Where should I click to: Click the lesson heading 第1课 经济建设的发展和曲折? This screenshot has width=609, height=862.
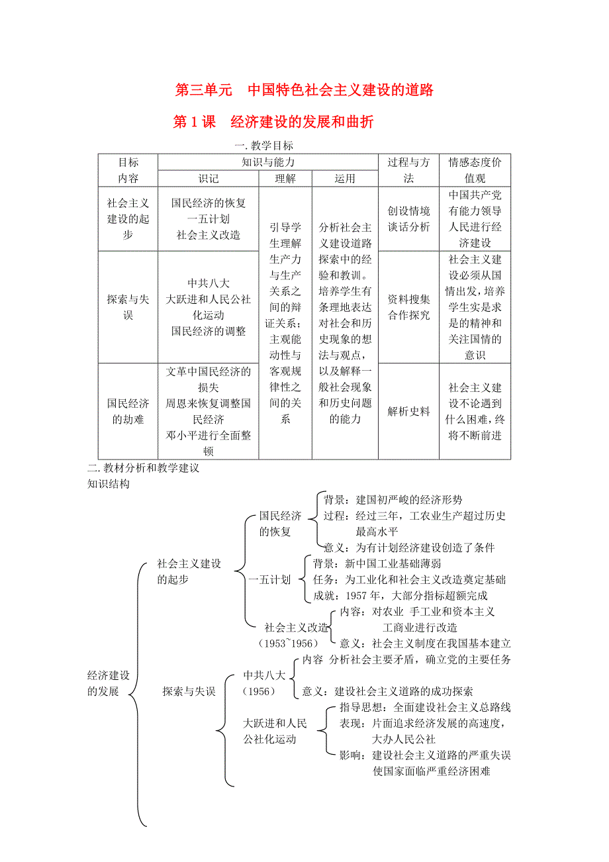[x=273, y=122]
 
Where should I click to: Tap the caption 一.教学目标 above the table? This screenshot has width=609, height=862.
[x=263, y=146]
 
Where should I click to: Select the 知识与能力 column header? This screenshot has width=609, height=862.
[x=268, y=162]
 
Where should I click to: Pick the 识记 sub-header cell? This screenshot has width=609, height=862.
[x=209, y=179]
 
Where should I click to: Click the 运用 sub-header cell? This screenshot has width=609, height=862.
[x=345, y=179]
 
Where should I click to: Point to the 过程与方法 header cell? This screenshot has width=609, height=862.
[x=408, y=170]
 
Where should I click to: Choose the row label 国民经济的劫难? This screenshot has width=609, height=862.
[x=128, y=411]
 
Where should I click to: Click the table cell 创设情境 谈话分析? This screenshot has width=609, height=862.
[x=408, y=219]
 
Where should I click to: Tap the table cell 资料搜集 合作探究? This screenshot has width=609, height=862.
[x=408, y=307]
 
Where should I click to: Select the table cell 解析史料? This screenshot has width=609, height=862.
[x=408, y=411]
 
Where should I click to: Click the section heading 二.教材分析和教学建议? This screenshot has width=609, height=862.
[x=144, y=468]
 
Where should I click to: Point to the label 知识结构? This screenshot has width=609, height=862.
[x=109, y=484]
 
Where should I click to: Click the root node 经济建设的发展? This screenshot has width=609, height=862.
[x=109, y=683]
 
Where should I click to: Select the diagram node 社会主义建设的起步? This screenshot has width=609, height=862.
[x=189, y=571]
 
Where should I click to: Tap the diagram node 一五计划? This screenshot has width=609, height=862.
[x=269, y=580]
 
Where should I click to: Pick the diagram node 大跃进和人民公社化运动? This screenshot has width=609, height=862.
[x=275, y=731]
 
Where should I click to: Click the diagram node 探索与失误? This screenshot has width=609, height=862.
[x=189, y=691]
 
